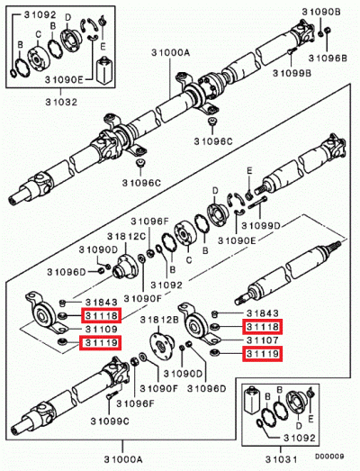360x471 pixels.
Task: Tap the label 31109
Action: pyautogui.click(x=96, y=330)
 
